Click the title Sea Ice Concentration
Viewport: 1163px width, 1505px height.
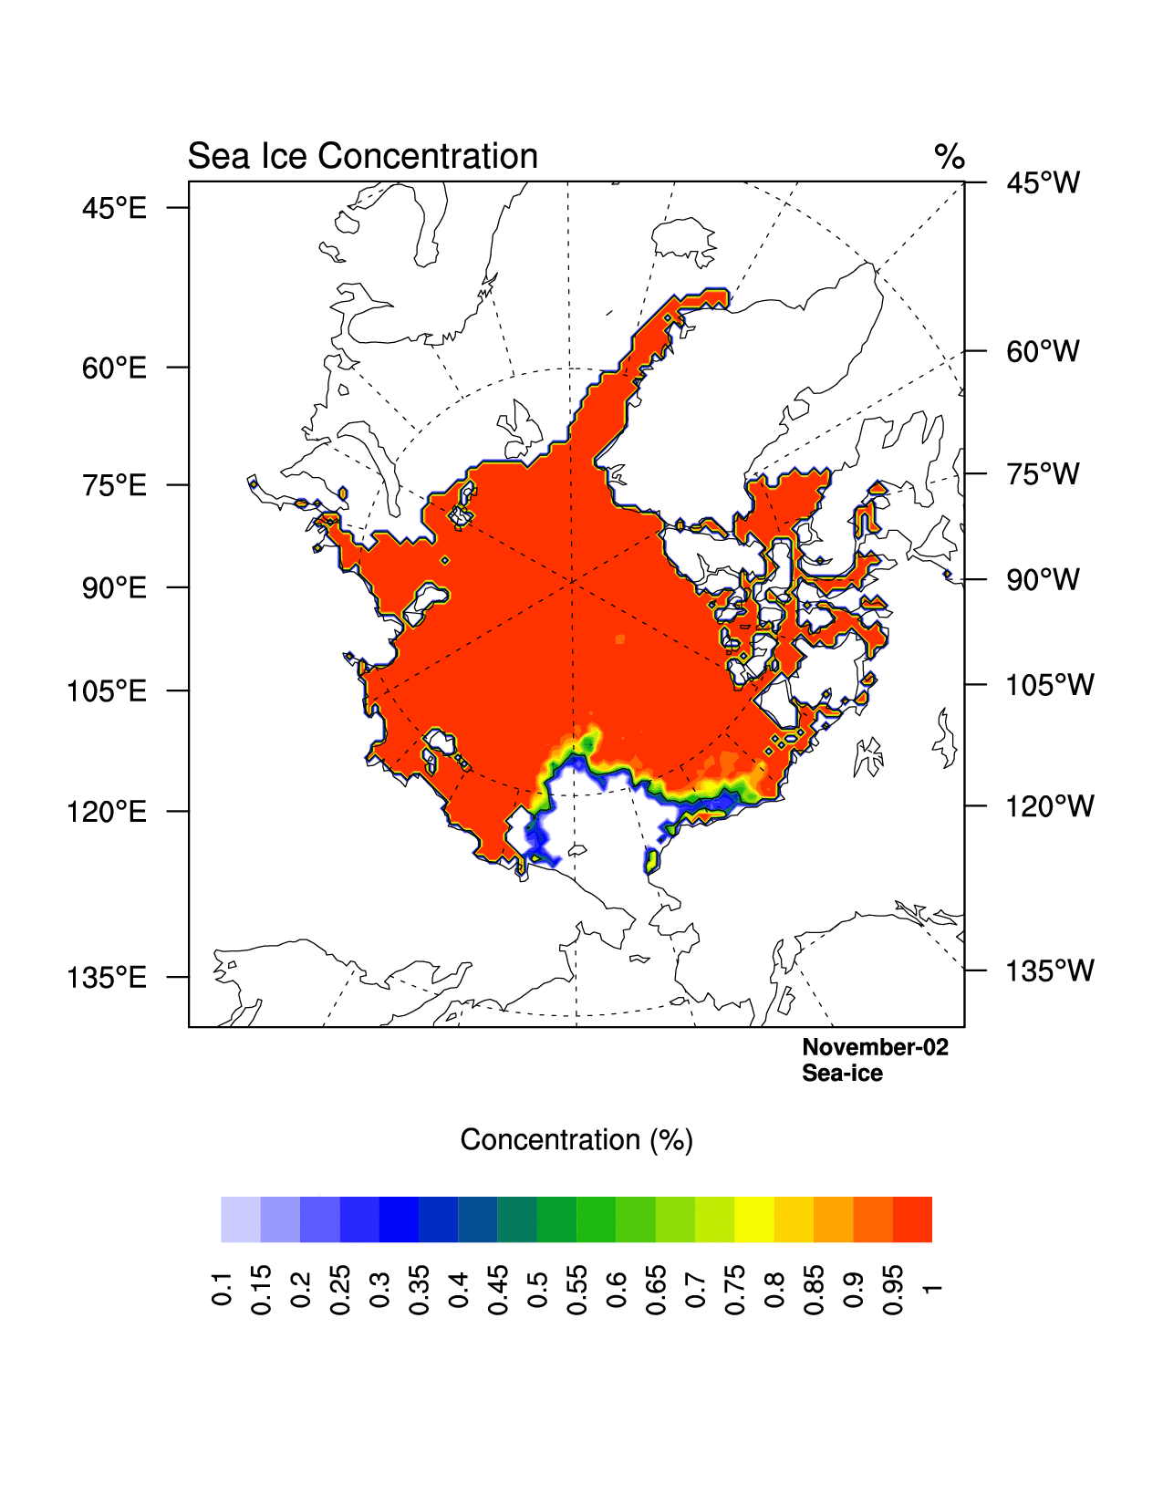[362, 157]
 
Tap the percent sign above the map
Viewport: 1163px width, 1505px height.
[950, 157]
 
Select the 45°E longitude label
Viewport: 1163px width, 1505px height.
[114, 209]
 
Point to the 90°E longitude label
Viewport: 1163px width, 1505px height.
[114, 588]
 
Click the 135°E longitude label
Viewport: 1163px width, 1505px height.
[107, 978]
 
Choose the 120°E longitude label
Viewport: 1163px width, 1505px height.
[107, 811]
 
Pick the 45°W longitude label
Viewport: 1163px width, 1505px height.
[1043, 183]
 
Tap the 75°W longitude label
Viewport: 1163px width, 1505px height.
[1043, 474]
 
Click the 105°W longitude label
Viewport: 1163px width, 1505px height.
[1049, 685]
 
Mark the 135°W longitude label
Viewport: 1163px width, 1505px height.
[1049, 971]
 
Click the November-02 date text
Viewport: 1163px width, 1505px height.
[875, 1047]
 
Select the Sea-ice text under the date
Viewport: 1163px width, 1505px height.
[842, 1074]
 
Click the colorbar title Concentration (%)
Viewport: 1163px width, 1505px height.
[576, 1140]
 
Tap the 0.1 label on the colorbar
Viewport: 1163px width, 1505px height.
[222, 1288]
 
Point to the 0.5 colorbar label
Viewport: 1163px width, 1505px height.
[537, 1288]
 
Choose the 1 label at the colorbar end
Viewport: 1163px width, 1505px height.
[931, 1288]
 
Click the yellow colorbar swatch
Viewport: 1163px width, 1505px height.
[754, 1220]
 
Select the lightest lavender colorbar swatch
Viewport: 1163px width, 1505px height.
[241, 1220]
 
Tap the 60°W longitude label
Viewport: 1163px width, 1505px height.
[1043, 351]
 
